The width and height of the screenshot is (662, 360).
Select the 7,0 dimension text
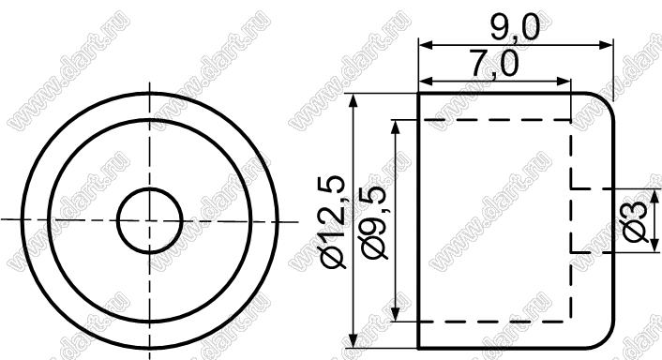tap(494, 65)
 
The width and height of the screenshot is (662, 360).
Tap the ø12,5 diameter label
tap(334, 221)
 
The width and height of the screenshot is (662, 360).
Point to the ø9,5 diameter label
tap(372, 222)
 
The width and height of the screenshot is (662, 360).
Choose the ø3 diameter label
tap(636, 221)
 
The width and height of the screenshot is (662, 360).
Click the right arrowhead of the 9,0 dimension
tap(607, 45)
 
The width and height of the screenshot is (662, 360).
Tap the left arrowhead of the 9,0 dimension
tap(425, 45)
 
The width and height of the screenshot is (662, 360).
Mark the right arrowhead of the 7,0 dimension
tap(564, 81)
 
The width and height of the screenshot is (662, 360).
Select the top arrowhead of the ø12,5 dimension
tap(354, 100)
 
